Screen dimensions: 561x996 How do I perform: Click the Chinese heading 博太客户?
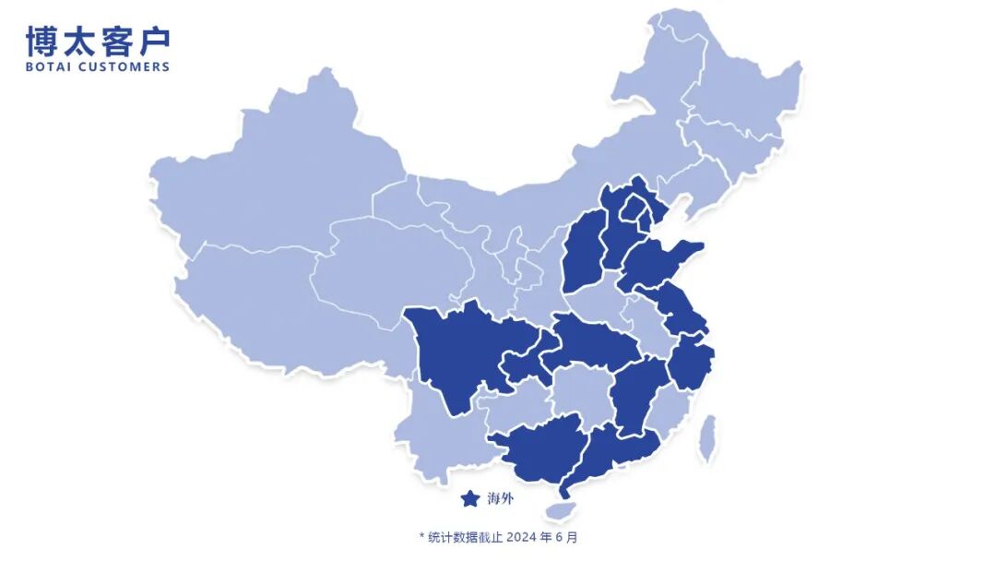(x=98, y=41)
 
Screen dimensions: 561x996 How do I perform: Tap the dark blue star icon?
(x=470, y=499)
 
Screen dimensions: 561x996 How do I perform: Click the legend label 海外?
(x=500, y=499)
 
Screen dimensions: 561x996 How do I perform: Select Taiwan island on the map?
(x=707, y=437)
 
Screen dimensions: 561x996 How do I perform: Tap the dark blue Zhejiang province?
(x=692, y=364)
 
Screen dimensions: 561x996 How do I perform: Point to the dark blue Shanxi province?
(x=583, y=254)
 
